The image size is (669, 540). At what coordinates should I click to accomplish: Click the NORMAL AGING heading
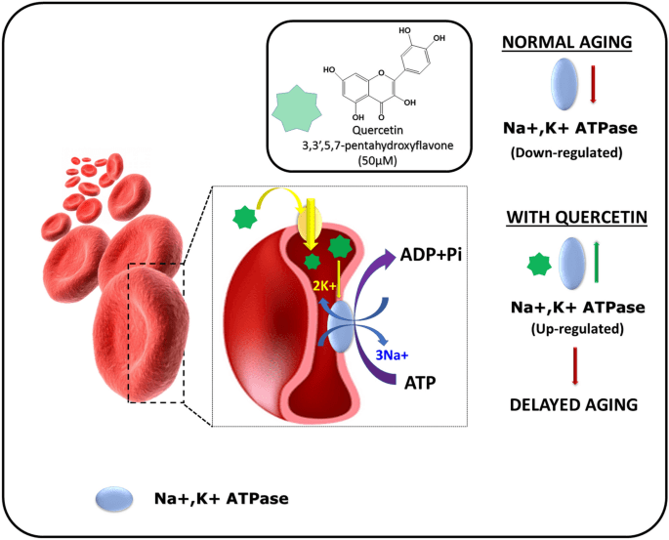(567, 42)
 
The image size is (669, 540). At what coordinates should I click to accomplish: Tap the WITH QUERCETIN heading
(577, 217)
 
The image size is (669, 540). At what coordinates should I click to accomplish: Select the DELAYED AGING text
(574, 404)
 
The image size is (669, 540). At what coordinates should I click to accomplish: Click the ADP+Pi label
(431, 255)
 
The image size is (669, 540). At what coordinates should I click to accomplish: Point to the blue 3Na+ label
(392, 354)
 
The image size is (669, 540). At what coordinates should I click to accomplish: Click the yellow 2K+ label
(324, 286)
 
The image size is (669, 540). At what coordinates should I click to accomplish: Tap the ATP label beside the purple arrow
(420, 383)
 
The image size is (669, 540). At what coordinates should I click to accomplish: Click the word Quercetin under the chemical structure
(377, 130)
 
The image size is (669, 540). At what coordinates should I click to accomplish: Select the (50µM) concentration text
(377, 160)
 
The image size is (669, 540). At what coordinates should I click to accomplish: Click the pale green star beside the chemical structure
(297, 107)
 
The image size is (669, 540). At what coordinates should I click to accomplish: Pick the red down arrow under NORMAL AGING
(593, 84)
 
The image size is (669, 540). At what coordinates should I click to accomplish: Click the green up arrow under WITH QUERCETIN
(597, 262)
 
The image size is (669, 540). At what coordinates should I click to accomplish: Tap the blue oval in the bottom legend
(114, 498)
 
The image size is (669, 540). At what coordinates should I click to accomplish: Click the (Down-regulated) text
(566, 152)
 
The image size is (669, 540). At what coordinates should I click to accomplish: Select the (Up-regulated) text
(577, 329)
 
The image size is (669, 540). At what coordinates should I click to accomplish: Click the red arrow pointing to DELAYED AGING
(575, 366)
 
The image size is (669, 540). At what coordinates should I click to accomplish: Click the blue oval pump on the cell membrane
(341, 326)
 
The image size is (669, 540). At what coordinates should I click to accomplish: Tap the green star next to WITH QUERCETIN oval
(539, 265)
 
